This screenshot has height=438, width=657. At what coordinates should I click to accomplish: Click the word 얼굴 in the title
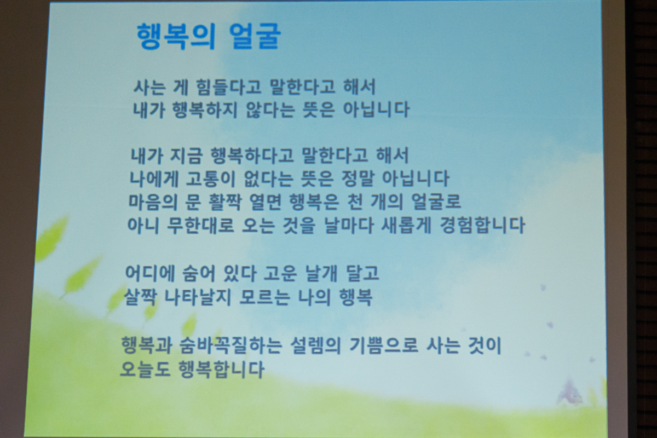255,36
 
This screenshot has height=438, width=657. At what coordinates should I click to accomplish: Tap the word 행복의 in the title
176,36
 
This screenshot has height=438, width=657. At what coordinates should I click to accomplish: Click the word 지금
186,155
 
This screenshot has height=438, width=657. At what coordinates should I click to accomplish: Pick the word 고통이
211,178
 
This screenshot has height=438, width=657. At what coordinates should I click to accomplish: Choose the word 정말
358,178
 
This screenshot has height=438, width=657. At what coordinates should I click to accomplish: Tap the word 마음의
153,202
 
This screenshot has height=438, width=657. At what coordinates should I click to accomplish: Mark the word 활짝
224,202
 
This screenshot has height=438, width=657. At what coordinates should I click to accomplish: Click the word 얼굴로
436,202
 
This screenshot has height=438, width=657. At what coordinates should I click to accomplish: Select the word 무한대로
200,226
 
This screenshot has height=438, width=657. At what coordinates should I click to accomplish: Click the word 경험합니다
482,226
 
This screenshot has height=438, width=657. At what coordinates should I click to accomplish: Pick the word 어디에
150,273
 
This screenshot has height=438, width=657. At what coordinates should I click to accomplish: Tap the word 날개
321,273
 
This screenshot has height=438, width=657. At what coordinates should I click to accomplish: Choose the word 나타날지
198,297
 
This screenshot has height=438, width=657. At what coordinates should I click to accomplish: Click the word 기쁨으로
384,345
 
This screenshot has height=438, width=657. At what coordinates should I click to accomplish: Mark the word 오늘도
145,369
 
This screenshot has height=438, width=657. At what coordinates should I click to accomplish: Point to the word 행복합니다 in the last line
221,369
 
